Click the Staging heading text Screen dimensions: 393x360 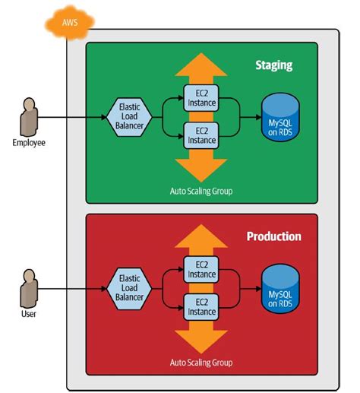273,65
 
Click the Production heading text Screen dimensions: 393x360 273,236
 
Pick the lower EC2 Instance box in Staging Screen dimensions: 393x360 202,137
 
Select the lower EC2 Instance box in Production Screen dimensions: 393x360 202,309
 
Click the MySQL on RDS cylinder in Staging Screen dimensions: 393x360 282,118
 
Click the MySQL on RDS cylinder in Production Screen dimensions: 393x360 282,289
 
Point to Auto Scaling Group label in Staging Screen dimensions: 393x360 202,191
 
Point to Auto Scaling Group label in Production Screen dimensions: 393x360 202,362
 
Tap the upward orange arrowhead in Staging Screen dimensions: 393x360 202,65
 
